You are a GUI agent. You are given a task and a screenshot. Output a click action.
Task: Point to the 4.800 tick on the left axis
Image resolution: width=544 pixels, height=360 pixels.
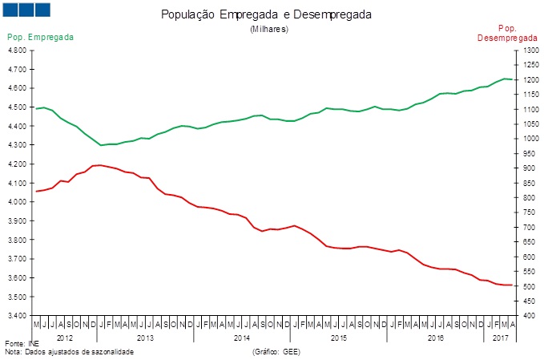pos(17,50)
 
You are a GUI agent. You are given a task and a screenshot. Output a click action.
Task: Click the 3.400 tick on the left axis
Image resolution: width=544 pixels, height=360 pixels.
pos(17,315)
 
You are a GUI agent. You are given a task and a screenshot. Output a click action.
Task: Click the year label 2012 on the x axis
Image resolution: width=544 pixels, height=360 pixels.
pos(66,338)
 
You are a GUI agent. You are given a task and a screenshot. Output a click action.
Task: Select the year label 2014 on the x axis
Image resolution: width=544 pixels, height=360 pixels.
pos(242,338)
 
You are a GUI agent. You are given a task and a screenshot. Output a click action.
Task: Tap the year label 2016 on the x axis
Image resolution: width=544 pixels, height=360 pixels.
pos(435,338)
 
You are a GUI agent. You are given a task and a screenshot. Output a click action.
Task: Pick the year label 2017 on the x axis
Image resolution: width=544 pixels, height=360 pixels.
pos(500,338)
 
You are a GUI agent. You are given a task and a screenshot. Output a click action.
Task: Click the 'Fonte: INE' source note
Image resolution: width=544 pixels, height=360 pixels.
pos(22,344)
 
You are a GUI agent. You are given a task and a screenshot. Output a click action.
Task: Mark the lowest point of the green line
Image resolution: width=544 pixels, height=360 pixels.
pos(101,145)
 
